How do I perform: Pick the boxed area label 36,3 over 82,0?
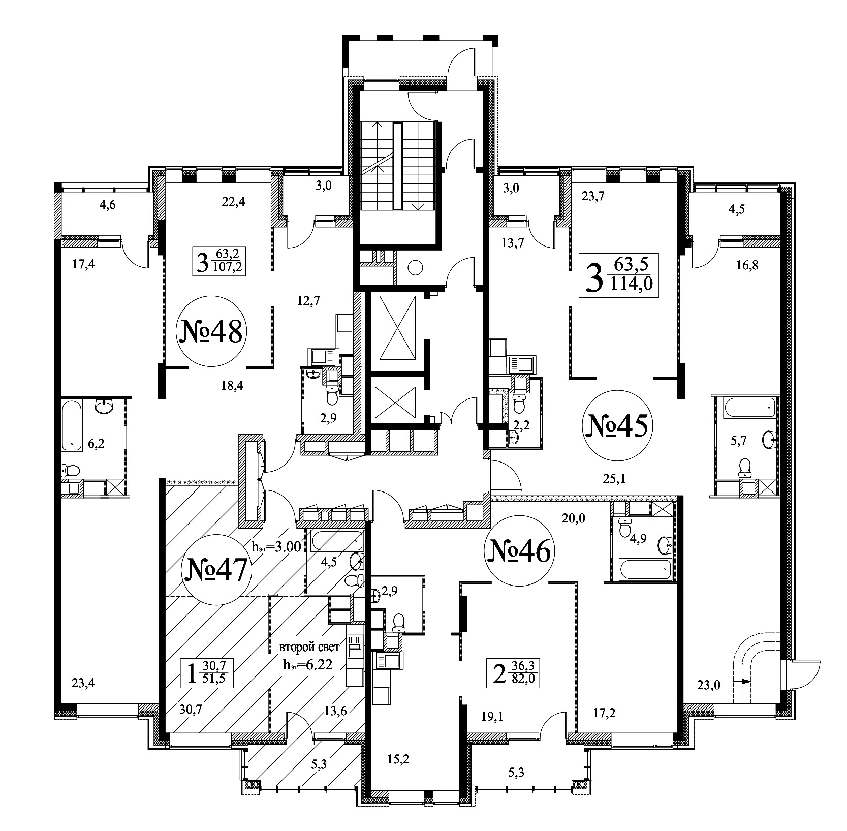[513, 672]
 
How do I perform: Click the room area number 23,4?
[82, 683]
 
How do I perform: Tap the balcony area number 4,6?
[107, 205]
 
